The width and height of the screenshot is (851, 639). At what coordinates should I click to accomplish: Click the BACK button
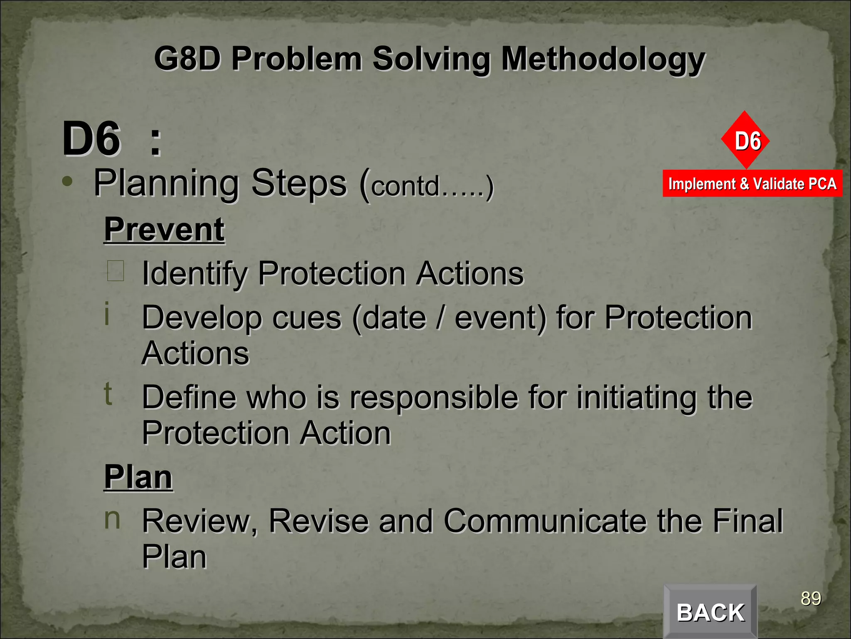[x=710, y=612]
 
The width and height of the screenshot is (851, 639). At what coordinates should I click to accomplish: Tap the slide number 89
[x=811, y=599]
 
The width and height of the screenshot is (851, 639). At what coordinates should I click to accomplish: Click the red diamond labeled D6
[x=745, y=140]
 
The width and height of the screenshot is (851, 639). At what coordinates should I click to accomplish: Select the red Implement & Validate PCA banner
[x=752, y=183]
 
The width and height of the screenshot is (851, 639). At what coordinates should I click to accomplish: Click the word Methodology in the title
[x=603, y=59]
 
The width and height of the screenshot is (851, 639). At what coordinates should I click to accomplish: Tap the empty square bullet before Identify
[x=116, y=271]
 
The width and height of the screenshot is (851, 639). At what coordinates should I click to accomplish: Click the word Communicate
[x=545, y=521]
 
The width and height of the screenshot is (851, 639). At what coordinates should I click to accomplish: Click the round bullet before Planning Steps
[x=67, y=181]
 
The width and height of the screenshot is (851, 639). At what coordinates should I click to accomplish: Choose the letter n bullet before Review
[x=112, y=519]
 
